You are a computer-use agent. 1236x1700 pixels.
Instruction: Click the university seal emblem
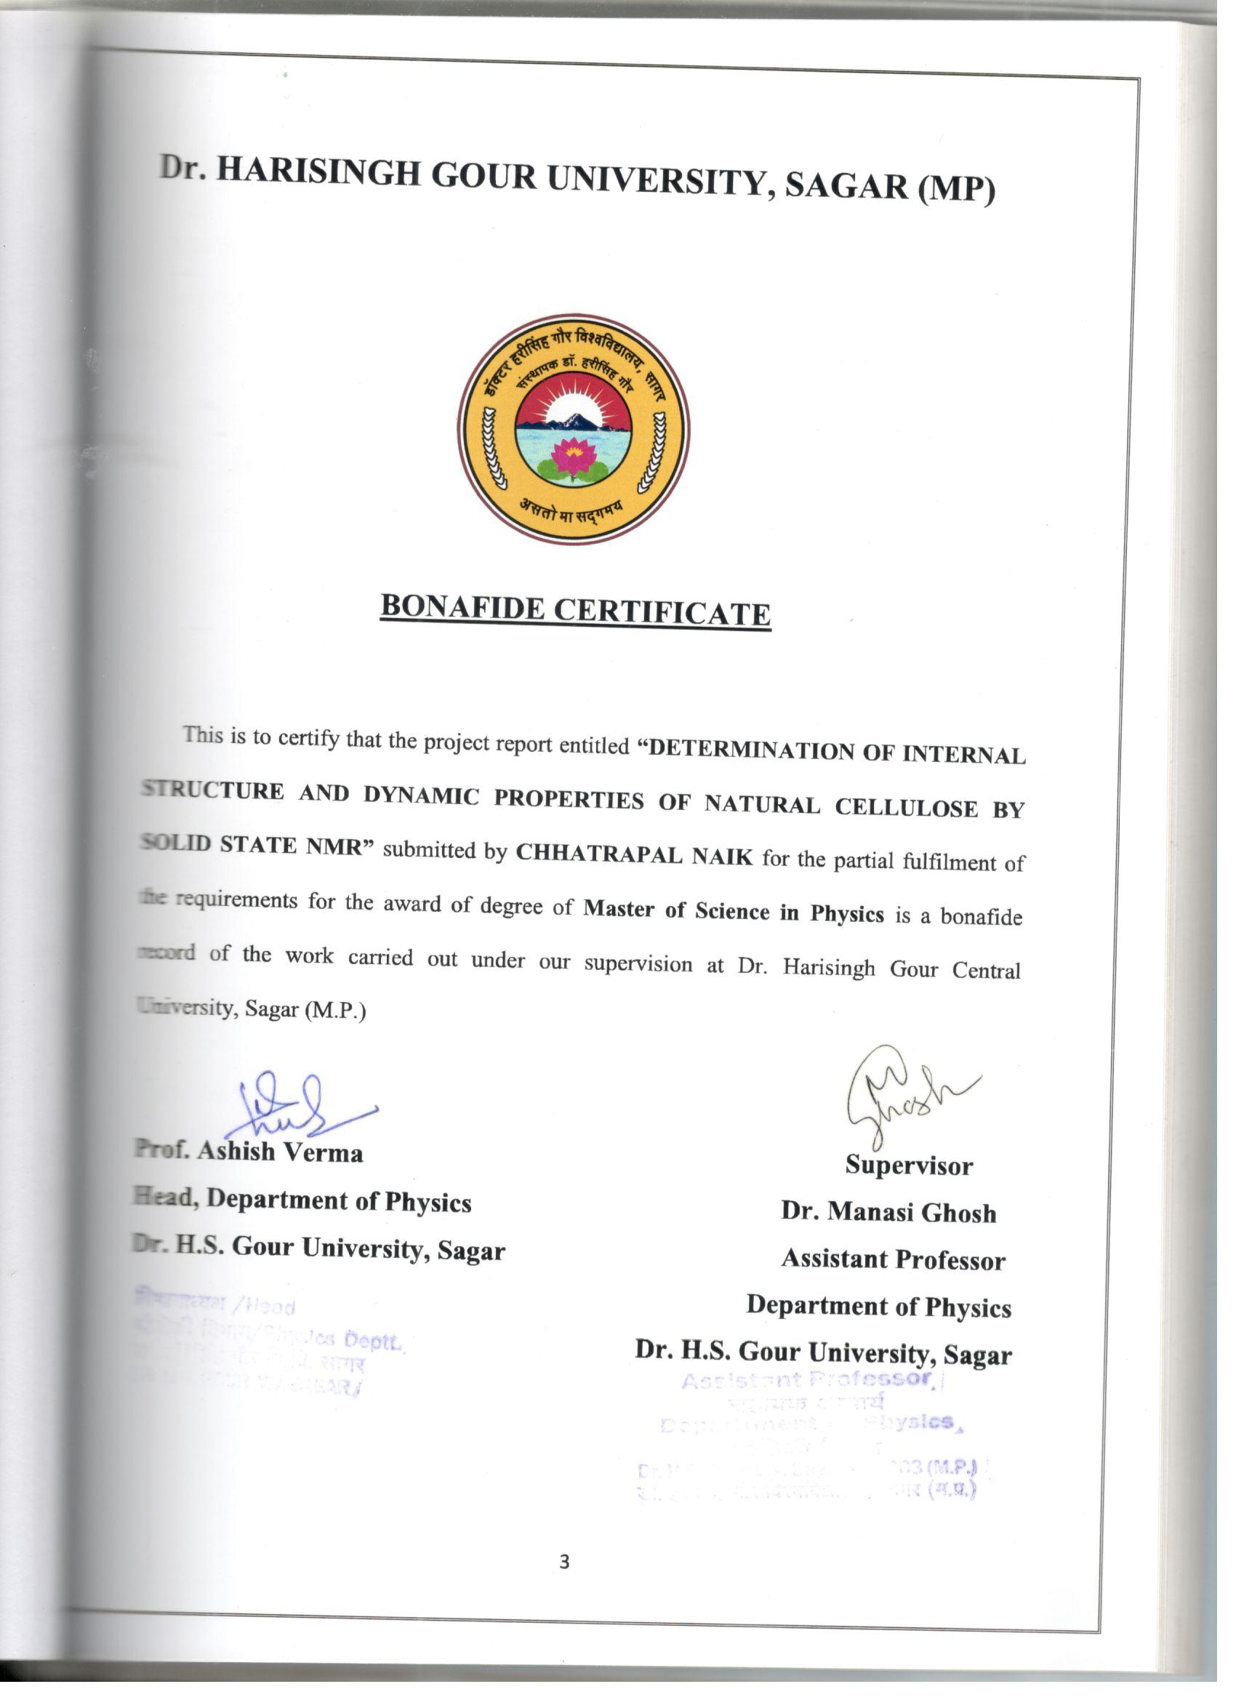tap(574, 430)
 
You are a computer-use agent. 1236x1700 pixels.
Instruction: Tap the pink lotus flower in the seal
tap(574, 454)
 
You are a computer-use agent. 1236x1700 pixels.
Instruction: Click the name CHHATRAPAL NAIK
tap(634, 854)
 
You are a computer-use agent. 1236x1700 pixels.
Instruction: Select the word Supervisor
tap(908, 1166)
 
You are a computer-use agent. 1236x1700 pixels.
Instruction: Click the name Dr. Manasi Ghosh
tap(888, 1212)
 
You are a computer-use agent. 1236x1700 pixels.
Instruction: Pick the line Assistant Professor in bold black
tap(893, 1259)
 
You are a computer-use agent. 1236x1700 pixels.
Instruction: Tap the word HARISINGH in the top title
tap(318, 172)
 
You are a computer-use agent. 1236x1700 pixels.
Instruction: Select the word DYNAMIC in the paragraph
tap(421, 796)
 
